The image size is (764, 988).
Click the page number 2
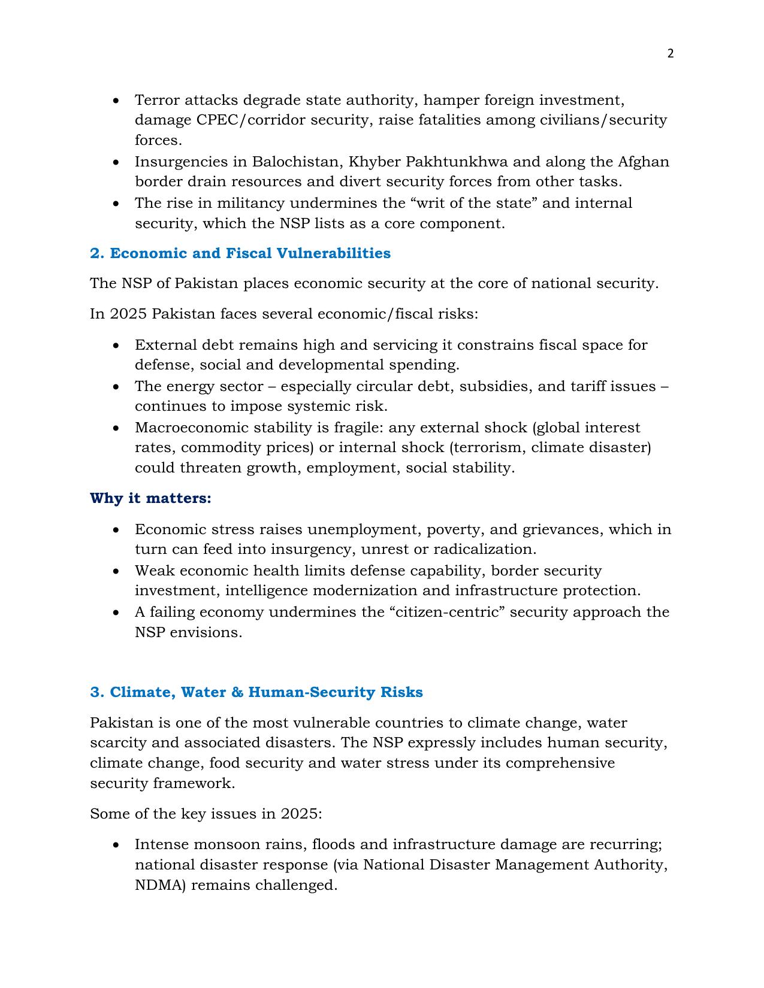[x=670, y=54]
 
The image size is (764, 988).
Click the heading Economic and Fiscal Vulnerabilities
[x=240, y=253]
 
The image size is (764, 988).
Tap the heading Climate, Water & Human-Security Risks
[x=256, y=692]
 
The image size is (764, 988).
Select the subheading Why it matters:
[x=150, y=498]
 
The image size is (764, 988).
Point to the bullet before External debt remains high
[x=116, y=346]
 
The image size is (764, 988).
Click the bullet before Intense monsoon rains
[x=116, y=845]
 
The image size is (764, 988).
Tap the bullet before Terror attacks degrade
[x=116, y=100]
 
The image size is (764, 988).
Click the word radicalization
[x=484, y=549]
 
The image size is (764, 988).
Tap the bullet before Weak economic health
[x=116, y=571]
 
